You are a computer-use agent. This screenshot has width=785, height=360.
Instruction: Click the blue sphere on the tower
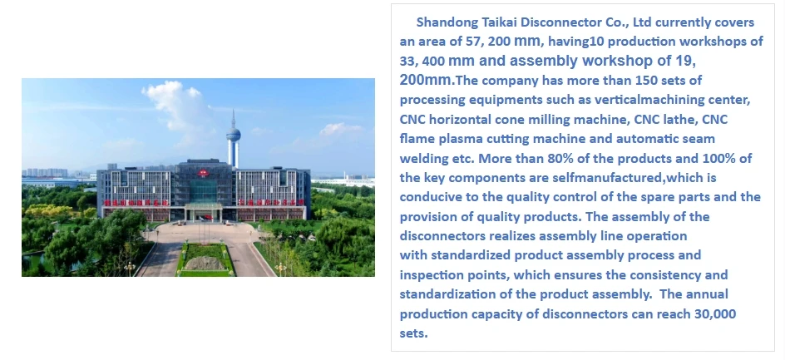pos(234,135)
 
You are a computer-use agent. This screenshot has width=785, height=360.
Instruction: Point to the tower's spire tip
pos(234,111)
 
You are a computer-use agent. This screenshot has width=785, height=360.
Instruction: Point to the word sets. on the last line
pos(413,333)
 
